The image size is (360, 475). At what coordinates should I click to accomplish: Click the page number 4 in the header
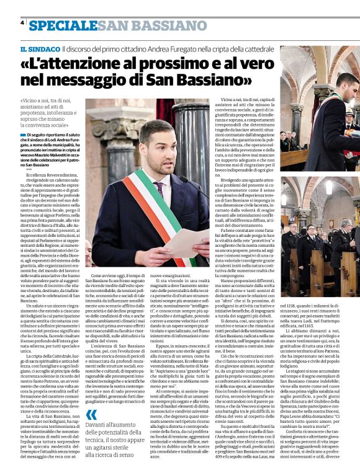pos(22,22)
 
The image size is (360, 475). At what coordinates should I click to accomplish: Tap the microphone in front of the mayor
pos(186,182)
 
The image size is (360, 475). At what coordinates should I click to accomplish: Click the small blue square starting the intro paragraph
pos(22,134)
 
